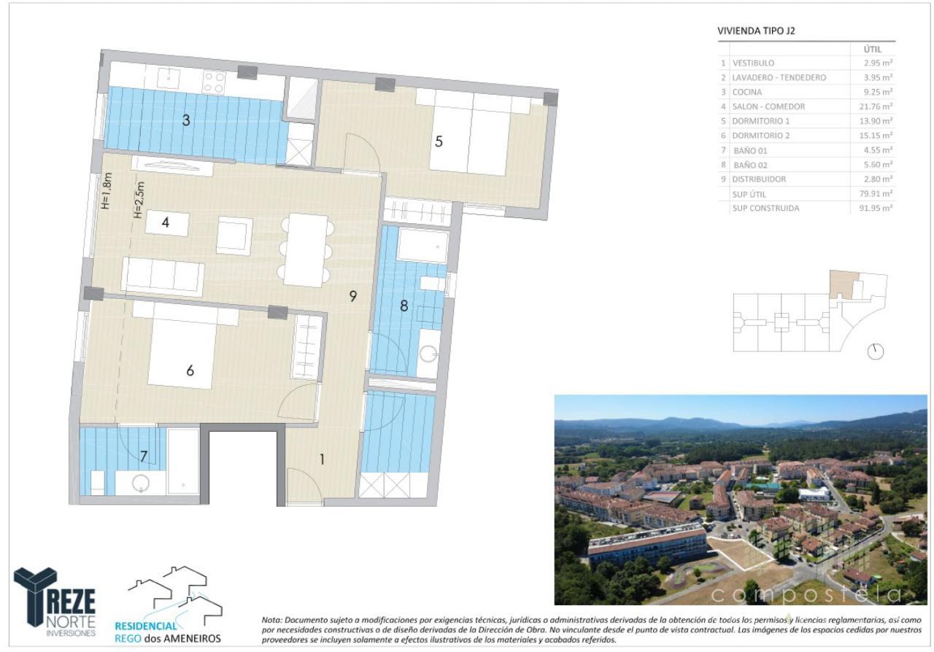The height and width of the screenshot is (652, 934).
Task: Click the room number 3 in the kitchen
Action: coord(186,120)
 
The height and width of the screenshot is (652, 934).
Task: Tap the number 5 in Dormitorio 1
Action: coord(439,141)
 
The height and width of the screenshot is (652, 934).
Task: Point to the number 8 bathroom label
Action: coord(404,306)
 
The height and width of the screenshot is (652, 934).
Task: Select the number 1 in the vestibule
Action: coord(322,459)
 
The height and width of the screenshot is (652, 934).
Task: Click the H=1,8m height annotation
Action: coord(107,191)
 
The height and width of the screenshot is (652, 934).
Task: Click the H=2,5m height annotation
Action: coord(139,200)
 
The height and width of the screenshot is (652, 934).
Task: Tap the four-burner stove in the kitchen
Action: coord(214,82)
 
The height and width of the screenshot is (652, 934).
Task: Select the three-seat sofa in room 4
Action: coord(163,276)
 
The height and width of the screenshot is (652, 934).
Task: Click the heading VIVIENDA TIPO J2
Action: coord(756,31)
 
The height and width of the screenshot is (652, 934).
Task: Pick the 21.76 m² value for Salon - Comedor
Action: coord(876,106)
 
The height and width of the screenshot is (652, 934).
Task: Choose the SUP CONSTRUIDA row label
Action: coord(765,208)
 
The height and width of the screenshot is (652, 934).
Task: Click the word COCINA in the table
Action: coord(746,92)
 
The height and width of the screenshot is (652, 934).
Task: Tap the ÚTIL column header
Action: coord(872,49)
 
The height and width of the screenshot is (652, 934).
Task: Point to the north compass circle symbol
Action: coord(875,352)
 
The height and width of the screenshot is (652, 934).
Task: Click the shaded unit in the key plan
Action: coord(843,284)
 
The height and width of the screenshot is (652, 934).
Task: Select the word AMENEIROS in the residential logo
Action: coord(192,638)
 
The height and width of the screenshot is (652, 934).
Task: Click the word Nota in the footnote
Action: coord(271,619)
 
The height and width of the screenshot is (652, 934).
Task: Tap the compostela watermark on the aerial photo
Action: coord(806,594)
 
